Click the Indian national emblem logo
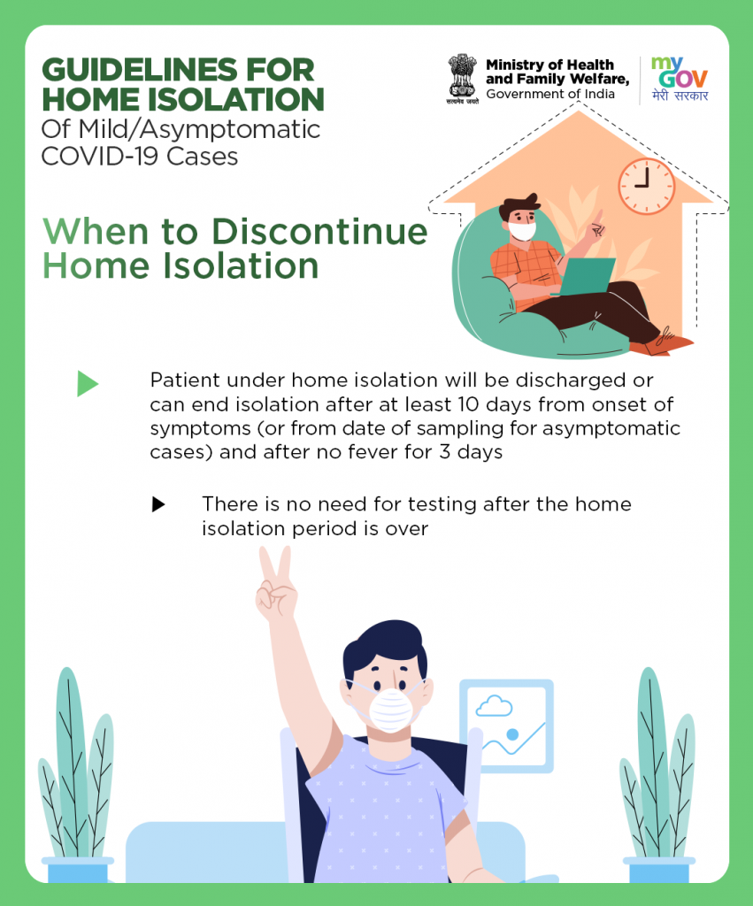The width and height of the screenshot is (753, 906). pyautogui.click(x=462, y=79)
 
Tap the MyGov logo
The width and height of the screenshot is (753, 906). pyautogui.click(x=680, y=79)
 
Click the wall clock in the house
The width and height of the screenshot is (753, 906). pyautogui.click(x=646, y=186)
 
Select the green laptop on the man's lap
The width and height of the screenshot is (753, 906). pyautogui.click(x=585, y=276)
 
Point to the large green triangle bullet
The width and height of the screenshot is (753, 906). pyautogui.click(x=88, y=384)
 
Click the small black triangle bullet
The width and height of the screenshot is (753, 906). pyautogui.click(x=158, y=504)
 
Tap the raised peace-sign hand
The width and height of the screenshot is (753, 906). pyautogui.click(x=276, y=584)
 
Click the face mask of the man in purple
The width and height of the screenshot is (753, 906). pyautogui.click(x=391, y=710)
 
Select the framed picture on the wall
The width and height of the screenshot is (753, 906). pyautogui.click(x=507, y=726)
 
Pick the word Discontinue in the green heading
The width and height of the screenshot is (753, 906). pyautogui.click(x=319, y=232)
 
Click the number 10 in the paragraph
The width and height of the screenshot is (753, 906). pyautogui.click(x=468, y=403)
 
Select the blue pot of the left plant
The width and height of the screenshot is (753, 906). pyautogui.click(x=77, y=870)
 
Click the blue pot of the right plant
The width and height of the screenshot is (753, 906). pyautogui.click(x=659, y=870)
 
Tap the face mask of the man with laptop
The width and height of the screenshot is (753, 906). pyautogui.click(x=523, y=231)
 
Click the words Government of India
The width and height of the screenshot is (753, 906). pyautogui.click(x=550, y=94)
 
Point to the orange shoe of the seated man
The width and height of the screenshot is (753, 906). pyautogui.click(x=665, y=344)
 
